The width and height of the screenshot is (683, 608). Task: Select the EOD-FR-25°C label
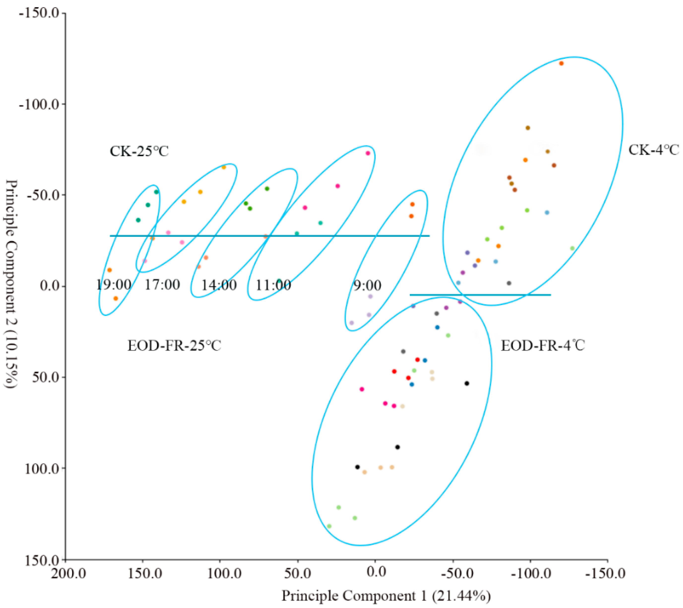click(x=174, y=346)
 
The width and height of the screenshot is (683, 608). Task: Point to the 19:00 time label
click(x=114, y=285)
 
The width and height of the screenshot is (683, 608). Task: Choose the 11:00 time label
click(x=273, y=285)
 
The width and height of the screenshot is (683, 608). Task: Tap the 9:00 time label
click(x=367, y=286)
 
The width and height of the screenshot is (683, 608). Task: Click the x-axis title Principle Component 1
click(x=386, y=596)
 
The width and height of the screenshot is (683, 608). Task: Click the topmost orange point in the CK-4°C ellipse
click(x=561, y=64)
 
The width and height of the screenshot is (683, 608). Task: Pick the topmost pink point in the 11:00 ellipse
click(x=368, y=153)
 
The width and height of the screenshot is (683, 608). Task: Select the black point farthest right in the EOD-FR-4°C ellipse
click(x=467, y=384)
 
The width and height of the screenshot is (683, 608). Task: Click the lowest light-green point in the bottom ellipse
click(x=329, y=526)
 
